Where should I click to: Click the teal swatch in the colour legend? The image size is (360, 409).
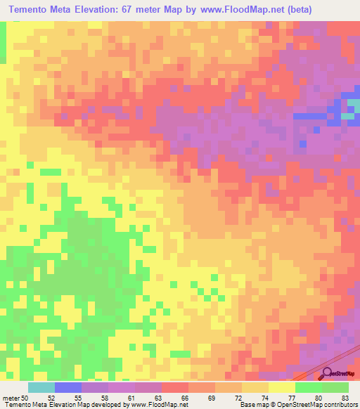41,387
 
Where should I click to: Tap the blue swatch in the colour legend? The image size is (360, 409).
68,387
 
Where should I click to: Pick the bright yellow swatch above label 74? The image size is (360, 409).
255,387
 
